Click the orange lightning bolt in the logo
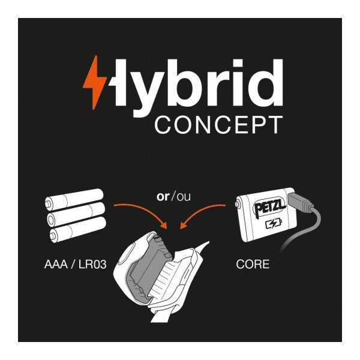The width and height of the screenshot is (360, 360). pyautogui.click(x=95, y=82)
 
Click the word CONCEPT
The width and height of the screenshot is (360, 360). pyautogui.click(x=219, y=125)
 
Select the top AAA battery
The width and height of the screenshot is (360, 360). pyautogui.click(x=74, y=199)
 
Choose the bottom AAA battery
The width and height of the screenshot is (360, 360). pyautogui.click(x=78, y=229)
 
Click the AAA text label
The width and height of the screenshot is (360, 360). pyautogui.click(x=56, y=264)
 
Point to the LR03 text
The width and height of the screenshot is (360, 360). pyautogui.click(x=92, y=264)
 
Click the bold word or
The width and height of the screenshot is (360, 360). pyautogui.click(x=163, y=197)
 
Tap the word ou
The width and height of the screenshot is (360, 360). pyautogui.click(x=184, y=197)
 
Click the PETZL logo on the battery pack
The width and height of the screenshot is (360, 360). pyautogui.click(x=269, y=208)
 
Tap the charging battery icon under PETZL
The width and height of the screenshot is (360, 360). pyautogui.click(x=274, y=223)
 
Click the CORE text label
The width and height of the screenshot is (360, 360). pyautogui.click(x=253, y=264)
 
